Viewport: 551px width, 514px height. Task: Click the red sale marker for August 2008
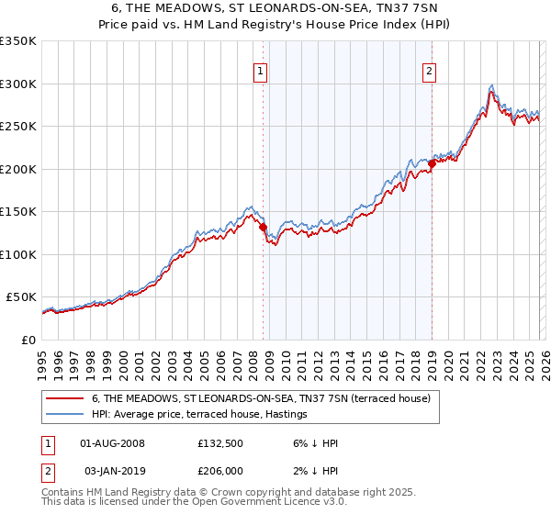pyautogui.click(x=263, y=227)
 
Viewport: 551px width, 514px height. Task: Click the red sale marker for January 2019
pyautogui.click(x=432, y=164)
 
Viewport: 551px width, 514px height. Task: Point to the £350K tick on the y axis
pyautogui.click(x=18, y=41)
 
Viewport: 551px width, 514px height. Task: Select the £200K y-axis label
pyautogui.click(x=18, y=169)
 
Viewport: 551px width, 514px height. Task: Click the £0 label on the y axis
pyautogui.click(x=28, y=340)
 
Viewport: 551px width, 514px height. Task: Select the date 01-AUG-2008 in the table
pyautogui.click(x=112, y=443)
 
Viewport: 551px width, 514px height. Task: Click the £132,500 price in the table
pyautogui.click(x=219, y=443)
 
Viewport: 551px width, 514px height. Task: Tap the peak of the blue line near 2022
pyautogui.click(x=492, y=84)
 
